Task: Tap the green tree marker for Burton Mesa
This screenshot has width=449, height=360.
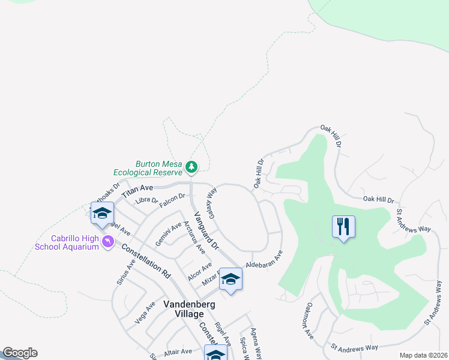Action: click(x=191, y=166)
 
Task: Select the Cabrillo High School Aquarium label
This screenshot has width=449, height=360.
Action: click(x=74, y=242)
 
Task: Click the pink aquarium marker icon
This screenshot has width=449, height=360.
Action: click(x=108, y=242)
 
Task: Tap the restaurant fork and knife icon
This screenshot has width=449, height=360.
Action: click(x=343, y=227)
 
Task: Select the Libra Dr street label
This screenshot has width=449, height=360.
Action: click(x=146, y=200)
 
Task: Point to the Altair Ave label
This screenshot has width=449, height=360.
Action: click(x=178, y=352)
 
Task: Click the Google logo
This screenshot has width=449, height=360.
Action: click(x=20, y=353)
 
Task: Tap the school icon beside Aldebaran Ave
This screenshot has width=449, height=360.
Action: click(x=230, y=279)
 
